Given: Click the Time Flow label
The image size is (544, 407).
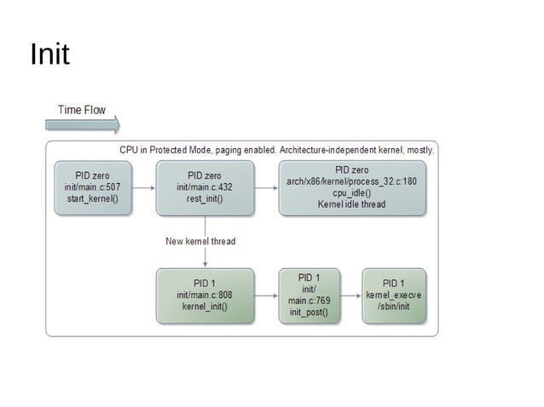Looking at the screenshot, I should pyautogui.click(x=82, y=110).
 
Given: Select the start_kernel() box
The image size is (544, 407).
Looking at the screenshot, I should pyautogui.click(x=92, y=187).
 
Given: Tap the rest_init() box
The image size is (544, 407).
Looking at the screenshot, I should pyautogui.click(x=205, y=187).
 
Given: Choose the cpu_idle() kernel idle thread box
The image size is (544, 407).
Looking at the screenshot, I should pyautogui.click(x=351, y=187).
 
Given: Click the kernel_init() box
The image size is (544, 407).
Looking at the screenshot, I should pyautogui.click(x=205, y=295).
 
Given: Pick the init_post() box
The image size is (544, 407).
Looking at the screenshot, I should pyautogui.click(x=309, y=295).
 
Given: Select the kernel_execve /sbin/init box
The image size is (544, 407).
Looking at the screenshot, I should pyautogui.click(x=393, y=295).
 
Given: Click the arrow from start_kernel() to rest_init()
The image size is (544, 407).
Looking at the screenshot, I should pyautogui.click(x=142, y=188).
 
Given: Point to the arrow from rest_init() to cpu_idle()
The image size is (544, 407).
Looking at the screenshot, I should pyautogui.click(x=266, y=188).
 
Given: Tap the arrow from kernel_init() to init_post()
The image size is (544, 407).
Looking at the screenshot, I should pyautogui.click(x=266, y=296).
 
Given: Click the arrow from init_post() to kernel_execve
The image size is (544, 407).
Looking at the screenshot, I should pyautogui.click(x=350, y=296).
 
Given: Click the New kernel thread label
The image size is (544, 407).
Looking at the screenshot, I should pyautogui.click(x=200, y=241).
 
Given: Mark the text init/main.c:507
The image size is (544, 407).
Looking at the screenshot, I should pyautogui.click(x=92, y=187).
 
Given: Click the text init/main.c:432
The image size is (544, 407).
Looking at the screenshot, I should pyautogui.click(x=205, y=187).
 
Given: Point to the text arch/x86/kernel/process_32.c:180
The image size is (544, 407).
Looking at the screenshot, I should pyautogui.click(x=351, y=181).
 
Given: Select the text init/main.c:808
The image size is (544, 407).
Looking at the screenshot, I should pyautogui.click(x=205, y=295).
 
